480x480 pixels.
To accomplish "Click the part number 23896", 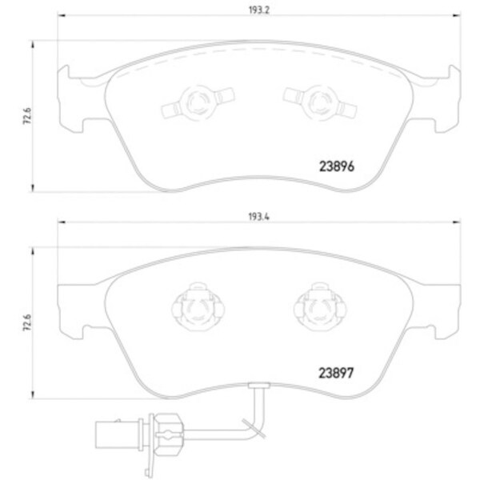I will pos(330,169).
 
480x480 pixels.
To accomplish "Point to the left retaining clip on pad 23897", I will pos(192,305).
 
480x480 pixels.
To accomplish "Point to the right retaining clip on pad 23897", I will pos(313,305).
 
